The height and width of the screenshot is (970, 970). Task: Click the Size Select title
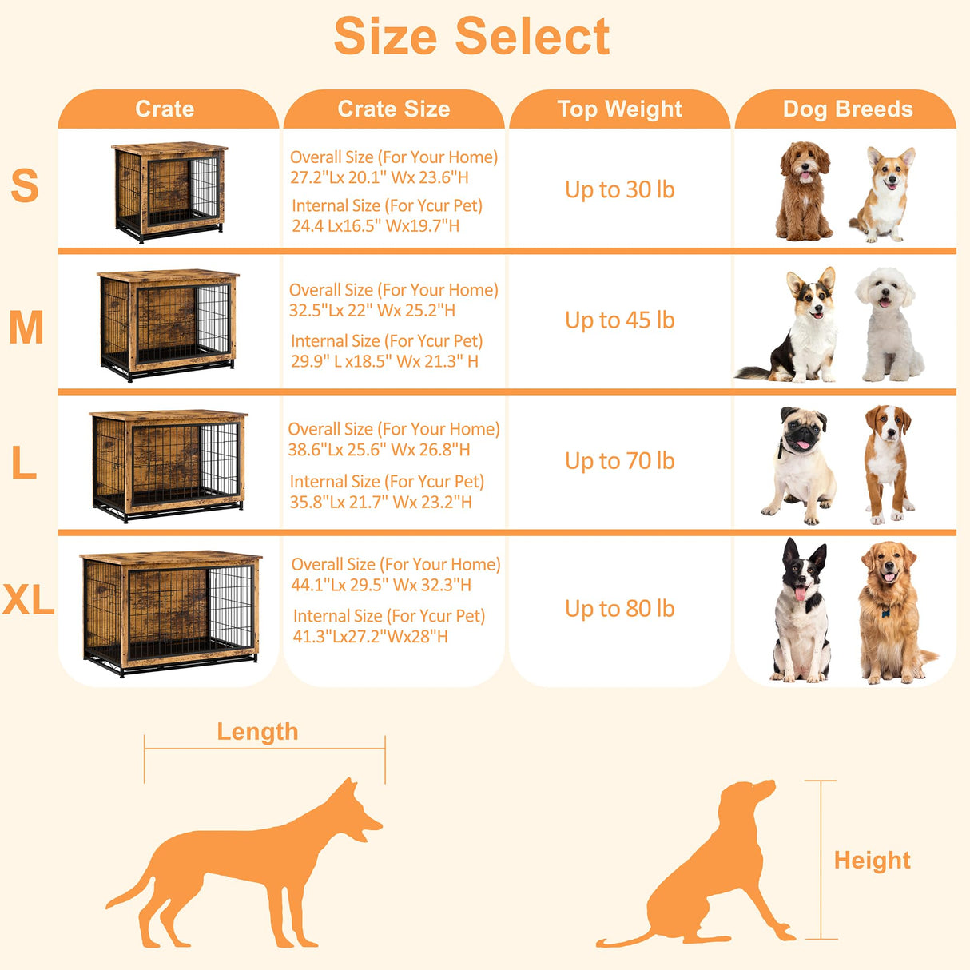click(471, 37)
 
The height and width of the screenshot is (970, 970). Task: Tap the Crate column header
click(165, 109)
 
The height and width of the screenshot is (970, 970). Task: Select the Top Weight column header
click(619, 109)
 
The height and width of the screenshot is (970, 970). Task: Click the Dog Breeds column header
click(847, 109)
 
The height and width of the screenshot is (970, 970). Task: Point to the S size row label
click(25, 185)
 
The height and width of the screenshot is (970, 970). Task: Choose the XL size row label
click(28, 600)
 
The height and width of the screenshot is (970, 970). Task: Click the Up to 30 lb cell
click(619, 189)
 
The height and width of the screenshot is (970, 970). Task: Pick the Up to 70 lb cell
click(619, 461)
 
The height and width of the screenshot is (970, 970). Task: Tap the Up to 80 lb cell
click(619, 609)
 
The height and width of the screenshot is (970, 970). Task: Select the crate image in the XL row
click(169, 611)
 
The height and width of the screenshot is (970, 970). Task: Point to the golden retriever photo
click(891, 611)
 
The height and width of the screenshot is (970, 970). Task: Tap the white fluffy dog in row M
click(888, 324)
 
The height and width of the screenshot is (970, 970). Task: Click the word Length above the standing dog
click(257, 732)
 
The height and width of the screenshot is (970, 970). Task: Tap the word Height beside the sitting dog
click(872, 861)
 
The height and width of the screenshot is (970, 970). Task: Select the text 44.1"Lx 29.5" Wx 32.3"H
click(381, 585)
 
